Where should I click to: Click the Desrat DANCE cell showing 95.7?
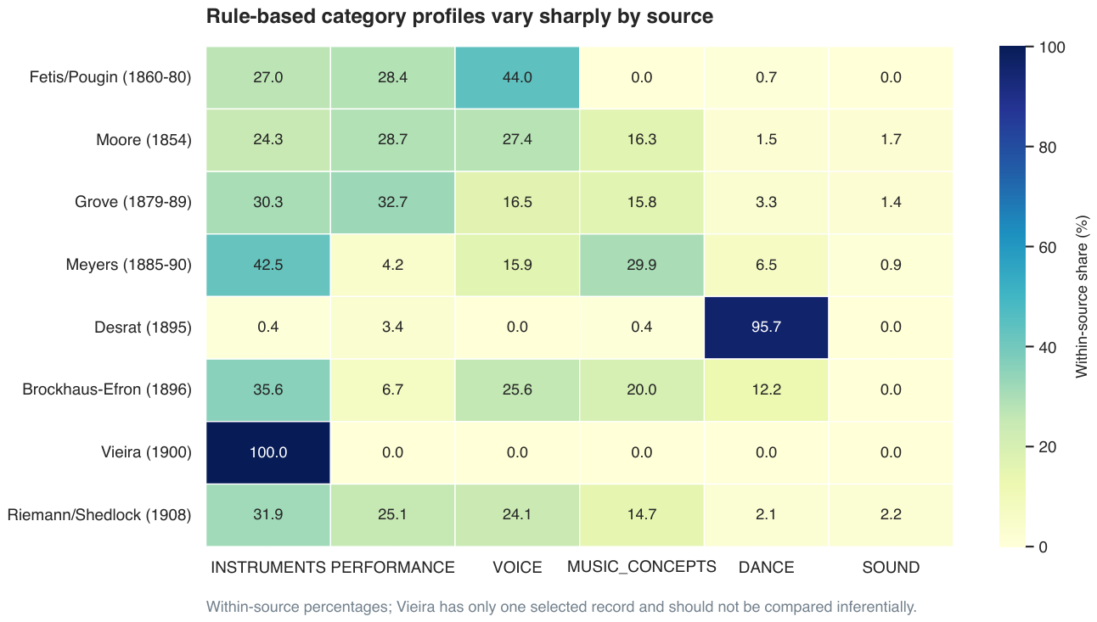click(x=766, y=328)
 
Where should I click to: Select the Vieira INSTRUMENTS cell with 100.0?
click(x=268, y=452)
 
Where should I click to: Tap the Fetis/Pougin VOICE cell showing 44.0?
click(x=517, y=77)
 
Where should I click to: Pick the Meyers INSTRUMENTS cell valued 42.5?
click(x=268, y=265)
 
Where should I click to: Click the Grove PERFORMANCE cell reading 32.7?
click(x=392, y=202)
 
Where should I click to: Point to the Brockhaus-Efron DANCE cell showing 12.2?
click(x=766, y=389)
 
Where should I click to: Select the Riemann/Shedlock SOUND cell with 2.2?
click(x=891, y=515)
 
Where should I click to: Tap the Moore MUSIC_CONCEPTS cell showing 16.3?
click(x=642, y=140)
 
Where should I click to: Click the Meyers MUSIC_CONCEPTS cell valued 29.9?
click(x=642, y=265)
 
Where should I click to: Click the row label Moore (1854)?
click(x=143, y=140)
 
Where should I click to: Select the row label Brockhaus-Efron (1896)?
click(x=107, y=389)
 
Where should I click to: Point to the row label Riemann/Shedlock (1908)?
click(x=99, y=515)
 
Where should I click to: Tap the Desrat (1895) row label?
click(x=143, y=328)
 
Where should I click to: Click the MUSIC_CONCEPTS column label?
click(x=642, y=567)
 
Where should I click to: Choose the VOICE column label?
click(x=517, y=568)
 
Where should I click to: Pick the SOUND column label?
click(x=891, y=568)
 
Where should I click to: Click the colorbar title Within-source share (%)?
click(x=1082, y=296)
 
